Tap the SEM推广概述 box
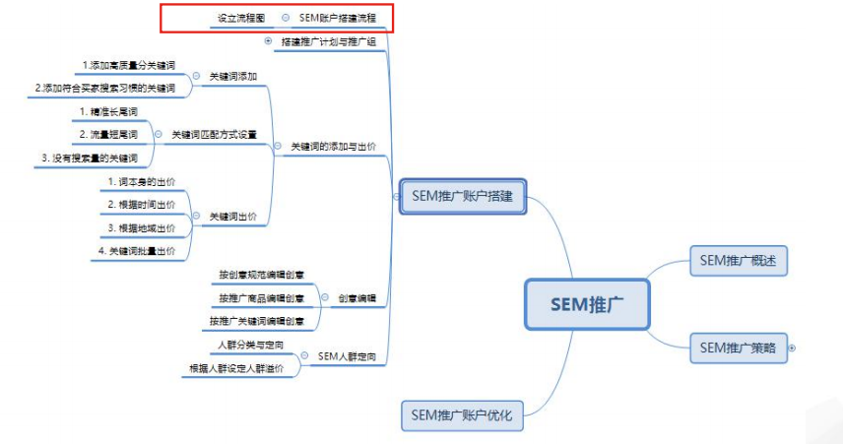click(x=739, y=260)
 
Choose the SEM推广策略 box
click(x=739, y=348)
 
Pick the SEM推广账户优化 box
click(x=462, y=415)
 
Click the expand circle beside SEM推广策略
click(x=792, y=348)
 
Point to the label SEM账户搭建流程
click(x=337, y=18)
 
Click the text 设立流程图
click(x=240, y=18)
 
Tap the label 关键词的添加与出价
click(x=333, y=146)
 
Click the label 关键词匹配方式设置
click(x=214, y=134)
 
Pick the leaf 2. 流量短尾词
click(x=108, y=133)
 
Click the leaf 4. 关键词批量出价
click(x=137, y=251)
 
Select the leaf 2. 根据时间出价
click(x=142, y=204)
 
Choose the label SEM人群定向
click(x=347, y=356)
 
